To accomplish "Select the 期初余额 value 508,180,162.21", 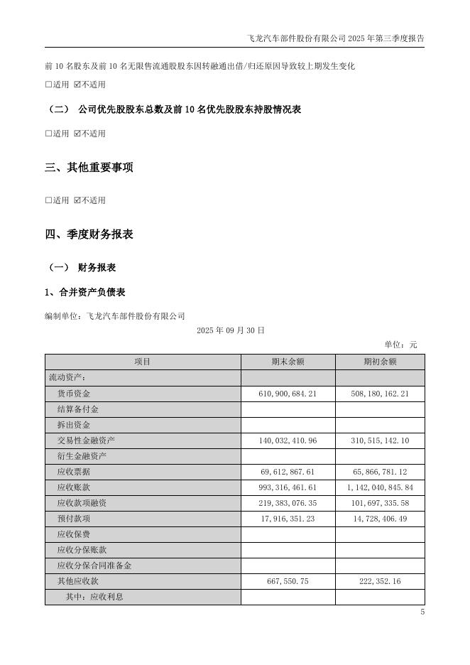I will [380, 394].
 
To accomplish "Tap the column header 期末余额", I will [288, 362].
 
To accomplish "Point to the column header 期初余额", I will [380, 362].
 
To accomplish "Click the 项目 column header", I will [143, 362].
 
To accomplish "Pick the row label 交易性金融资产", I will [86, 440].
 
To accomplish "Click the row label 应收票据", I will [74, 472].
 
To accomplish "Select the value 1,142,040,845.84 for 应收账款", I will [380, 487].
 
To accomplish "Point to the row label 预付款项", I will [74, 519].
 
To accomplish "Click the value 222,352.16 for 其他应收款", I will [380, 581].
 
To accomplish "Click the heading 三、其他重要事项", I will [89, 168].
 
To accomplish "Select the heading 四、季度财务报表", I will [89, 234].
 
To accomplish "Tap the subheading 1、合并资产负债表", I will [85, 292].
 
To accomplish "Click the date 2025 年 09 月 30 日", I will [231, 330].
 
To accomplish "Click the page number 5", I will [422, 612].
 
